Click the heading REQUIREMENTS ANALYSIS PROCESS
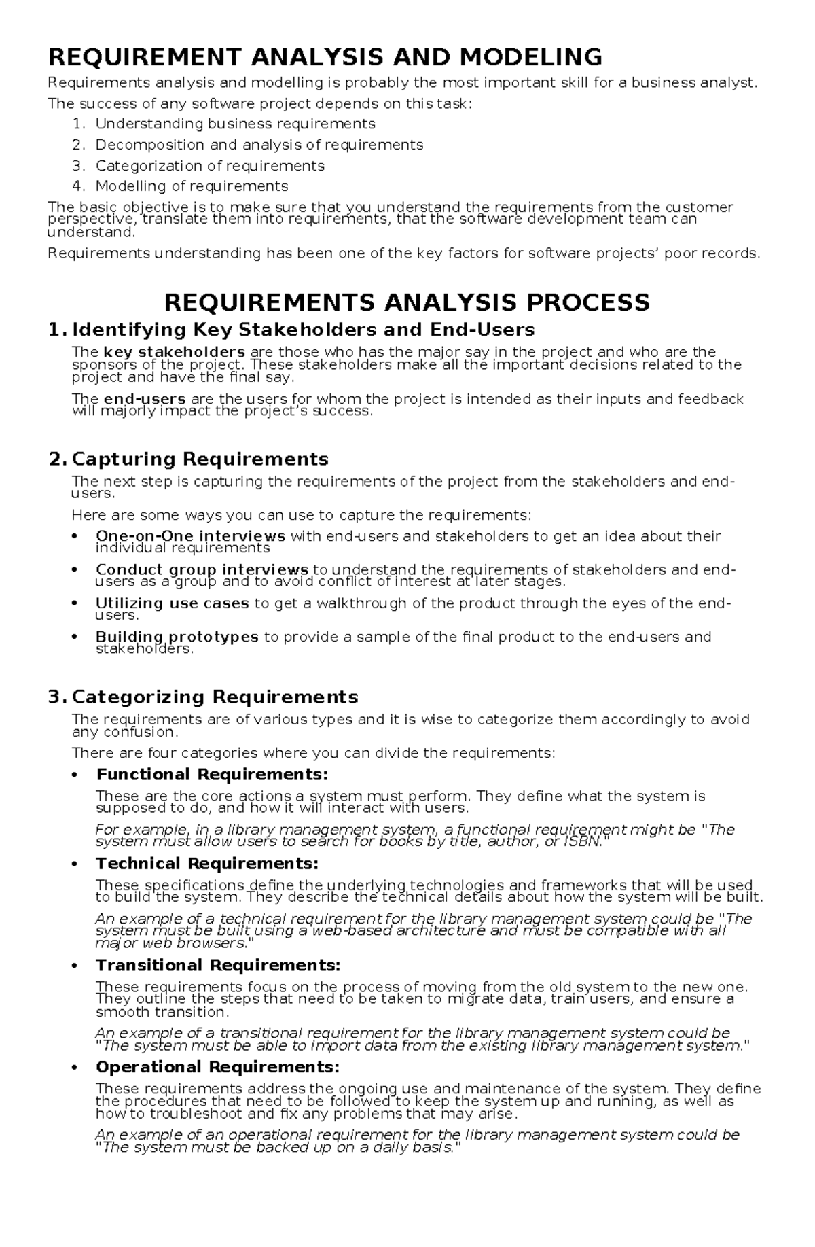point(407,302)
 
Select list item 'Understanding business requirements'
point(235,124)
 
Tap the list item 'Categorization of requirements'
point(210,166)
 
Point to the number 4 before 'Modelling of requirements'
point(79,186)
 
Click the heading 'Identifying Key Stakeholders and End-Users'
point(303,330)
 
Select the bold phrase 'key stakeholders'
point(175,352)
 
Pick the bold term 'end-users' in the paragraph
point(145,399)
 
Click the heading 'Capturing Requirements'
point(200,459)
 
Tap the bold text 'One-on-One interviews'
point(190,536)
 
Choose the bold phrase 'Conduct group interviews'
point(202,569)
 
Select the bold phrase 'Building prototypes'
point(177,637)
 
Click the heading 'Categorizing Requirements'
point(215,697)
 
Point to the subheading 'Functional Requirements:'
point(212,775)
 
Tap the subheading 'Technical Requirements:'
point(207,864)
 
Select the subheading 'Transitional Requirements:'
point(218,965)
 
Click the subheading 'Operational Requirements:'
point(217,1067)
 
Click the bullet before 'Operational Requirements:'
point(75,1068)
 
